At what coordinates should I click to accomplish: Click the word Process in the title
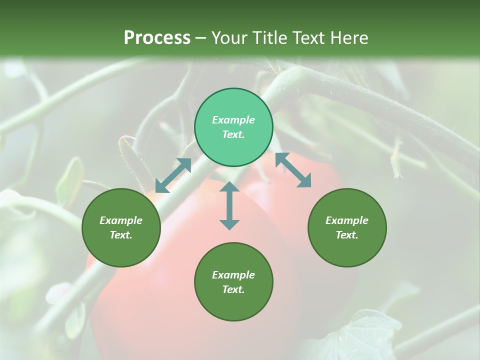coord(157,38)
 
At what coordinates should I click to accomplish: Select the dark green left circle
coord(121,227)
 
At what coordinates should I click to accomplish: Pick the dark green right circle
coord(347,227)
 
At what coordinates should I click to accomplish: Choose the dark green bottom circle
coord(233,281)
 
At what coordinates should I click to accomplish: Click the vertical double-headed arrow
coord(229,205)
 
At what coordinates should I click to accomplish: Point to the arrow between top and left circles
coord(173,175)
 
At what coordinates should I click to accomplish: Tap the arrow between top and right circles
coord(293,170)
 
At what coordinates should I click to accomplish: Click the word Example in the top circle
coord(233,120)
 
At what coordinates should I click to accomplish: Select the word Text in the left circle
coord(121,235)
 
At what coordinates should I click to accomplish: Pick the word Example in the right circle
coord(347,220)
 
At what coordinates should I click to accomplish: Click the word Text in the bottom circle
coord(233,289)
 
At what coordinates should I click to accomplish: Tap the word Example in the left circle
coord(121,220)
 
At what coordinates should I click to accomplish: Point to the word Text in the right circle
coord(347,235)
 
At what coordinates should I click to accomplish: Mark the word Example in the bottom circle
coord(233,275)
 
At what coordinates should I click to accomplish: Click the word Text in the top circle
coord(233,134)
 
